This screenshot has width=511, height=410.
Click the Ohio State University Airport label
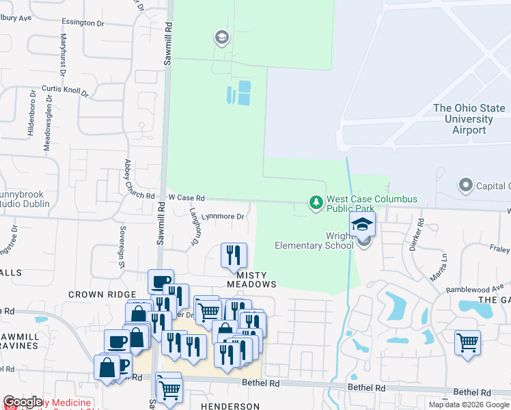coord(469,119)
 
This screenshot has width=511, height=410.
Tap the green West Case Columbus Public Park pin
coord(316,203)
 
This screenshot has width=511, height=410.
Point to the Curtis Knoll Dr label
coord(66,90)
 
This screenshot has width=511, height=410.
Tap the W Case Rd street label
coord(187,197)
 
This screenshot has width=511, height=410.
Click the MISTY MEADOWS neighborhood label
coord(252,278)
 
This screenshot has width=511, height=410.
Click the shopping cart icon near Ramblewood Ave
coord(467,342)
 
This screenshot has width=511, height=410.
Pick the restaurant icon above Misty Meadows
coord(234,256)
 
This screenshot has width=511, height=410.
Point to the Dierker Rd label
coord(421,233)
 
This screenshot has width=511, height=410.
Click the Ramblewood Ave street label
coord(474,289)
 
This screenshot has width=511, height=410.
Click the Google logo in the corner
coord(23,402)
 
